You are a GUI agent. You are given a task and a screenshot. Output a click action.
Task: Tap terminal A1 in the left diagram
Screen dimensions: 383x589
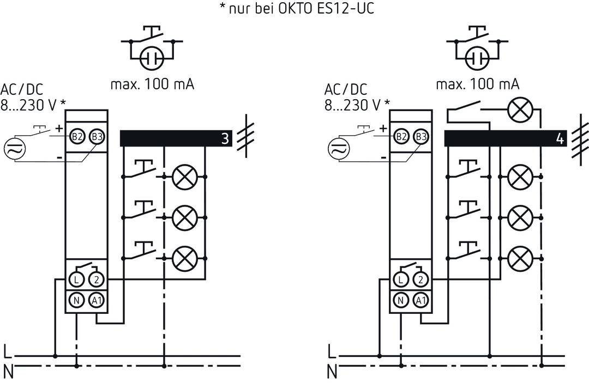pyautogui.click(x=97, y=299)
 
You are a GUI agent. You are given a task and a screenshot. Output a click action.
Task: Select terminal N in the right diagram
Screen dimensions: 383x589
pyautogui.click(x=400, y=299)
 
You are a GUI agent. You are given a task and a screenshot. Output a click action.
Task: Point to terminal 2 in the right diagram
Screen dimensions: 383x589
pyautogui.click(x=420, y=280)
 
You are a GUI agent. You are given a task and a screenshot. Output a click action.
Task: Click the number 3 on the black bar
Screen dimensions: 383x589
pyautogui.click(x=225, y=139)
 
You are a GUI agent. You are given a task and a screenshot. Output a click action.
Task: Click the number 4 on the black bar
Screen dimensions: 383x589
pyautogui.click(x=559, y=139)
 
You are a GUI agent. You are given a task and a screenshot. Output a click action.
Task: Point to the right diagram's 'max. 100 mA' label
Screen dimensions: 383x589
pyautogui.click(x=478, y=84)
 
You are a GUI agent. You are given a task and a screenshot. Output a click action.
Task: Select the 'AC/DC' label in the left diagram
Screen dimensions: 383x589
pyautogui.click(x=22, y=89)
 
